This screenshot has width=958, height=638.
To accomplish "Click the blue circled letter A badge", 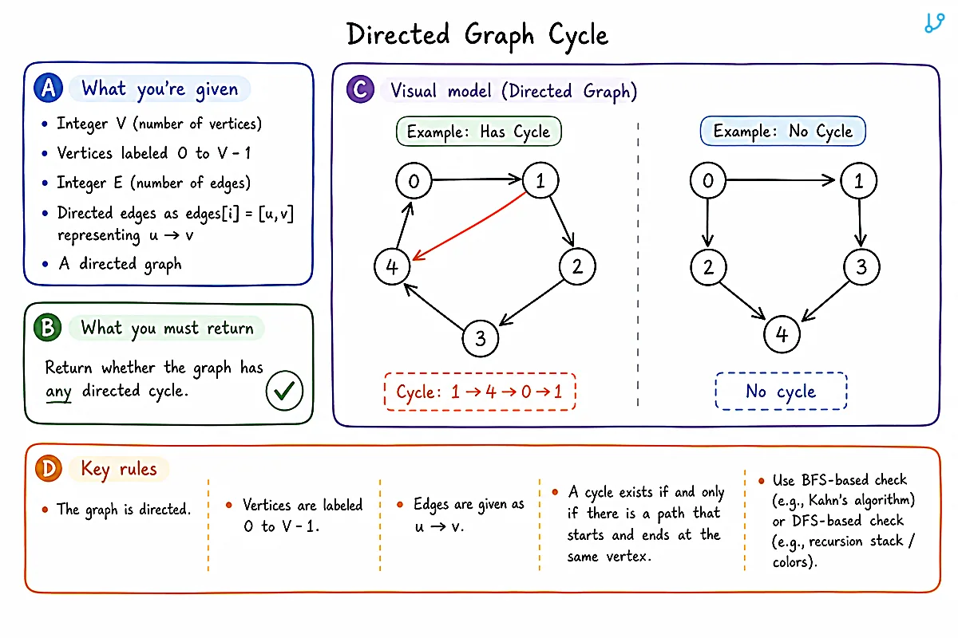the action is coord(49,88).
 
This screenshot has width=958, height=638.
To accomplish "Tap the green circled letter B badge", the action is coord(47,327).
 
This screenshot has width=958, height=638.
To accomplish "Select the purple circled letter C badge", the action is coord(360,89).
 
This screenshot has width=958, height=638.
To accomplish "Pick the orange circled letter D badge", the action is coord(49,468).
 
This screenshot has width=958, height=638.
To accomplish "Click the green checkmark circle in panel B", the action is coord(284,391).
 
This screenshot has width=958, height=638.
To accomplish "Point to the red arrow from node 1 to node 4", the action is coord(469,226).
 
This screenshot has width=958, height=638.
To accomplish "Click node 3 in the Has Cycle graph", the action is coord(481,338).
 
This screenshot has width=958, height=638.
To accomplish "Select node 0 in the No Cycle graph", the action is coord(708,180).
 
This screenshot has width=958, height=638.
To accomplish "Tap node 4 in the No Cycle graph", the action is coord(782,334).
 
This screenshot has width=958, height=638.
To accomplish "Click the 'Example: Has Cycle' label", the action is coord(478,132).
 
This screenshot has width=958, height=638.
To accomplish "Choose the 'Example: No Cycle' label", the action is coord(782,131).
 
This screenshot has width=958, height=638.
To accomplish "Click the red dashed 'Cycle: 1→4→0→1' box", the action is coord(480,392).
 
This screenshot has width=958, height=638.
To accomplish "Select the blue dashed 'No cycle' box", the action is coord(781,391).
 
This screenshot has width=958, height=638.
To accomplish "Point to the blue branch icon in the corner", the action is coord(934,22).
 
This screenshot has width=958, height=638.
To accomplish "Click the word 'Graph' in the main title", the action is coord(499,35).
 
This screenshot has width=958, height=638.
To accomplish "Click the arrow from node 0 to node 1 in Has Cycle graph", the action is coord(477,179).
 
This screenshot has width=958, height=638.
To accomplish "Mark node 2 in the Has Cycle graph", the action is coord(577,266).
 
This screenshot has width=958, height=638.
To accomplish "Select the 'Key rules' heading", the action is coord(119,469).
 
